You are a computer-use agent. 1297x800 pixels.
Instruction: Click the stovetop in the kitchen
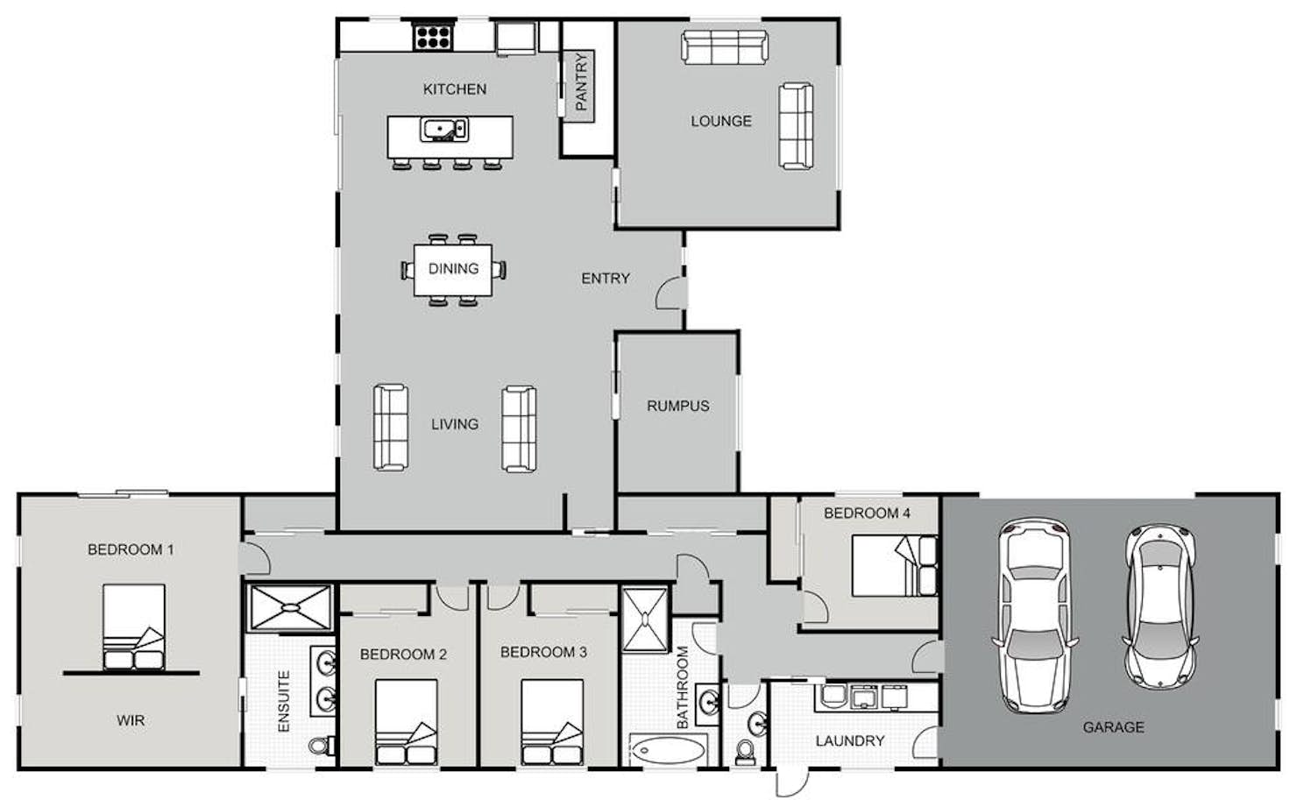433,37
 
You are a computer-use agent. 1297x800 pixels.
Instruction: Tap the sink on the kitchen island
444,130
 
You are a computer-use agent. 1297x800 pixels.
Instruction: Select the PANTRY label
581,82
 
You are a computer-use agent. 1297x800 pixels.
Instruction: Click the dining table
453,270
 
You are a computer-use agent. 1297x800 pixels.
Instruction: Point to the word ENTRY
605,279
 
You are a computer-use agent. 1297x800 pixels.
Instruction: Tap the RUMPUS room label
677,406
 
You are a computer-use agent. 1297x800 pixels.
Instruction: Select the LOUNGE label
721,121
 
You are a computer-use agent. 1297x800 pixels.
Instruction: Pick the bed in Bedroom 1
134,627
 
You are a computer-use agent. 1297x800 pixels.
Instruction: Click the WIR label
131,720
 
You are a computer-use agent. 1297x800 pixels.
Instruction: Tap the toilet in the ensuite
322,745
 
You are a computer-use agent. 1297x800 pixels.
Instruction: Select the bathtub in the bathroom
668,751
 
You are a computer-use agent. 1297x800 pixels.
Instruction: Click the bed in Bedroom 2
406,722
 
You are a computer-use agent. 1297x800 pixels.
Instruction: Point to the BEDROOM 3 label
543,653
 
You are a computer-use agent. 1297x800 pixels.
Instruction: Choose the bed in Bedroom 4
895,565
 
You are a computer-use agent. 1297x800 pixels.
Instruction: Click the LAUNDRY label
849,741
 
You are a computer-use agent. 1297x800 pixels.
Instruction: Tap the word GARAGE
1113,727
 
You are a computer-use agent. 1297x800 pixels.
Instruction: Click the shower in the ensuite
290,607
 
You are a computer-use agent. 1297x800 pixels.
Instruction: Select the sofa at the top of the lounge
725,47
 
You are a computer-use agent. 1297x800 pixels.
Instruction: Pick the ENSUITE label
283,701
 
